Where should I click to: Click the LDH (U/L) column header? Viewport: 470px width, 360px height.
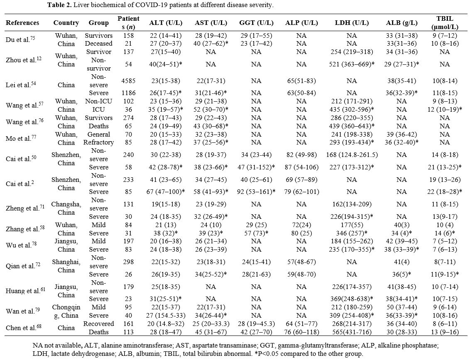click(352, 23)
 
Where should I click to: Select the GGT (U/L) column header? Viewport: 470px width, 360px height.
click(256, 23)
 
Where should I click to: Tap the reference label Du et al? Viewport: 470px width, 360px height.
click(20, 39)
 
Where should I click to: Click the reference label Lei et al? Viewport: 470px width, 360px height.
click(20, 85)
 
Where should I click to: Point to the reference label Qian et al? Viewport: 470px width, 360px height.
click(23, 266)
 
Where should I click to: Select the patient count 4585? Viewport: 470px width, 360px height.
click(128, 81)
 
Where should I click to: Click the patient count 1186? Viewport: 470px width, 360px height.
click(128, 93)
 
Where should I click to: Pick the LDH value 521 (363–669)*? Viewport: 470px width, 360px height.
click(352, 64)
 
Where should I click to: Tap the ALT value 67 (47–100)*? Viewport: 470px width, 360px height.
click(166, 191)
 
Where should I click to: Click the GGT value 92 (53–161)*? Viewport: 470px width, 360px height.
click(256, 191)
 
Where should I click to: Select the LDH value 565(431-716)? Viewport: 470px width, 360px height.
click(352, 332)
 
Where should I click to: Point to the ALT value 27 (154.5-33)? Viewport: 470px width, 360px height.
click(166, 315)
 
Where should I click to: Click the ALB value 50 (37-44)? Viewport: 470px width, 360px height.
click(401, 307)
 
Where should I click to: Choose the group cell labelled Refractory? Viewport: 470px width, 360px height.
click(98, 142)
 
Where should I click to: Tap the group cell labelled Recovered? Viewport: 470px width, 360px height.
click(98, 324)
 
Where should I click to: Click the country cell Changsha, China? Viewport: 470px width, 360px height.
click(66, 208)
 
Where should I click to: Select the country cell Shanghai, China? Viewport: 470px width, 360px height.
click(66, 266)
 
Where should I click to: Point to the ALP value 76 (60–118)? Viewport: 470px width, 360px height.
click(301, 332)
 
